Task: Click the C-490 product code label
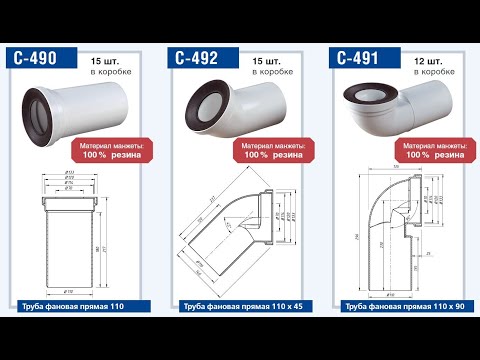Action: tap(38, 59)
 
